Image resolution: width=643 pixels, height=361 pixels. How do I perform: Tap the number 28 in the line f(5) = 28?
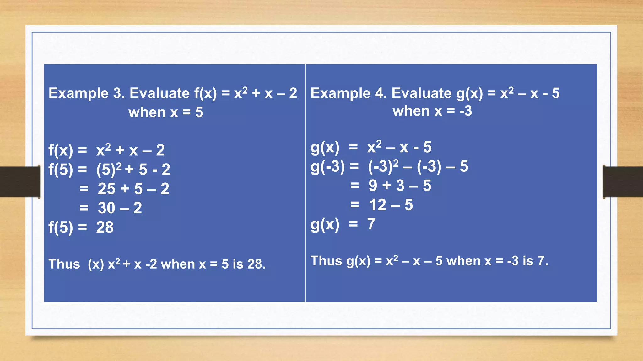pos(105,227)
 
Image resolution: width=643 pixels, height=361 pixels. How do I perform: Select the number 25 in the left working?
pos(106,189)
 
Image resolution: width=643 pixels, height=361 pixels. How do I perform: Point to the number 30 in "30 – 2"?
pos(106,208)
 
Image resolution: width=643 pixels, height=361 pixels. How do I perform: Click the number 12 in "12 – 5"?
pos(377,205)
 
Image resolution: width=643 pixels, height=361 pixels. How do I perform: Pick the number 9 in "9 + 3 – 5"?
pos(373,186)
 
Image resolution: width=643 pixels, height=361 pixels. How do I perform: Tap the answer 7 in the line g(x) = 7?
pos(371,224)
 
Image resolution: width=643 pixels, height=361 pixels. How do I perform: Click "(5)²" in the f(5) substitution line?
pos(109,169)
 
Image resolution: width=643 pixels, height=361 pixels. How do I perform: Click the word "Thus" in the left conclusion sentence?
pos(64,264)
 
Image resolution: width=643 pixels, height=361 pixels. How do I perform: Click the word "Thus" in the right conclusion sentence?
pos(326,261)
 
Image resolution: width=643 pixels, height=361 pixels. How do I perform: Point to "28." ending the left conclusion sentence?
pos(256,264)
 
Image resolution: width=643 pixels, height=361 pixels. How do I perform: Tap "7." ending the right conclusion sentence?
pos(543,261)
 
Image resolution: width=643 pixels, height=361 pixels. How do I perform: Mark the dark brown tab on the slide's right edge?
pos(623,182)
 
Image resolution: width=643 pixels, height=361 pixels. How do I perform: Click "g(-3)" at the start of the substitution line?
pos(327,166)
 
